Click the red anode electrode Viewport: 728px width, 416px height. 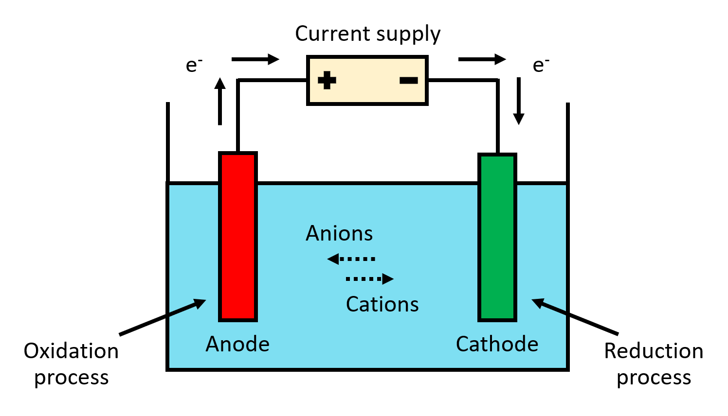point(237,237)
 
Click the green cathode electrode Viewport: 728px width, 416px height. point(497,238)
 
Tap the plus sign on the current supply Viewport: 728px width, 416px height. point(327,80)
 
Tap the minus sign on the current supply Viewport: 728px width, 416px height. point(408,80)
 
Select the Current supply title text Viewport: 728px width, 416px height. point(367,34)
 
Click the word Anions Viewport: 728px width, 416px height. point(339,234)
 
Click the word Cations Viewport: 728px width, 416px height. point(382,305)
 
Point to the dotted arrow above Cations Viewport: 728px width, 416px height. point(369,279)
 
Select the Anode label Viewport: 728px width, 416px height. point(237,344)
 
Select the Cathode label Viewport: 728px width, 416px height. point(497,344)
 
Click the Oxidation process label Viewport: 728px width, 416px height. point(71,364)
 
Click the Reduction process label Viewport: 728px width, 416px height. point(654,364)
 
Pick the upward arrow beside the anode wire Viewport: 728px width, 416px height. point(220,101)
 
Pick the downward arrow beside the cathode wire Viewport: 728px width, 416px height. point(519,101)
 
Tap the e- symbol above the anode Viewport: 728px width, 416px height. point(194,65)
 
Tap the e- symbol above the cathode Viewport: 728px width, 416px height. point(541,65)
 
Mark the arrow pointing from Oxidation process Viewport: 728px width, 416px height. point(163,317)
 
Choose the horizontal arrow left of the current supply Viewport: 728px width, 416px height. point(255,59)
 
